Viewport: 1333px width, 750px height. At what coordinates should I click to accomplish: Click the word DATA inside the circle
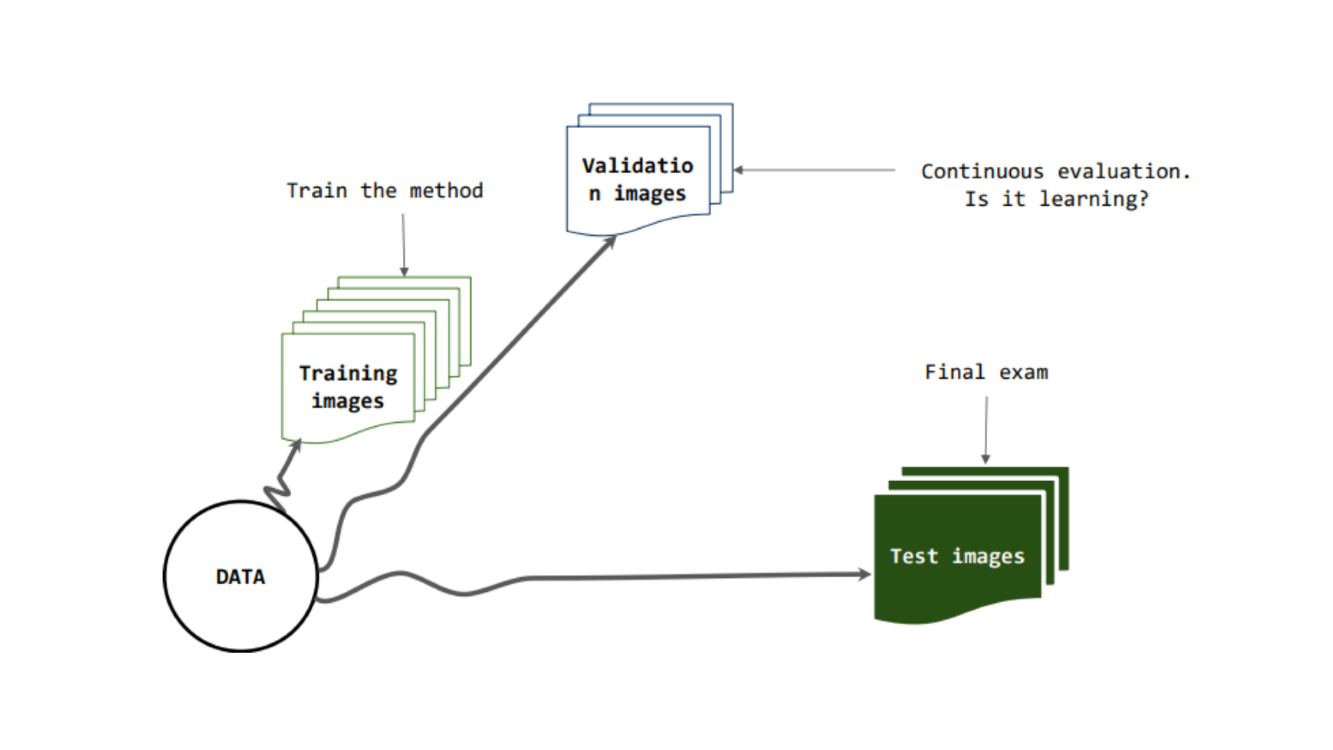pyautogui.click(x=240, y=577)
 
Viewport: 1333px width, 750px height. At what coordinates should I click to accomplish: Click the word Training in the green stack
pyautogui.click(x=348, y=374)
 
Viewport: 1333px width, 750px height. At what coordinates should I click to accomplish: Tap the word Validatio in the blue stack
pyautogui.click(x=638, y=166)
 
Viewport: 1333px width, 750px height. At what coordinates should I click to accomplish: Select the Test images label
pyautogui.click(x=957, y=557)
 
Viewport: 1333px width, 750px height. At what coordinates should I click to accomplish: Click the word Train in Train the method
pyautogui.click(x=317, y=191)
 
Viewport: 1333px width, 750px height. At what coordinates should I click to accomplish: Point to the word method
pyautogui.click(x=446, y=191)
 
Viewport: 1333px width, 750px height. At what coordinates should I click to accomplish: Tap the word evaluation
pyautogui.click(x=1124, y=171)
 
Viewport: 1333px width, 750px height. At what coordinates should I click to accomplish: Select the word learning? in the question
pyautogui.click(x=1094, y=199)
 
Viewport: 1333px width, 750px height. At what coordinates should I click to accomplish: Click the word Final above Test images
pyautogui.click(x=955, y=372)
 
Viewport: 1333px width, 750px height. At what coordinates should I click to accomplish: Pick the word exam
pyautogui.click(x=1023, y=372)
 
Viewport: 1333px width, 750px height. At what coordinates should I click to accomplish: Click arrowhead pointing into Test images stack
pyautogui.click(x=865, y=574)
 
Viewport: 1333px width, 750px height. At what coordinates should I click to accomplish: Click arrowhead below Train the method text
pyautogui.click(x=404, y=272)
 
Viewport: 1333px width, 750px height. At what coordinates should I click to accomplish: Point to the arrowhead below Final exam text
pyautogui.click(x=986, y=459)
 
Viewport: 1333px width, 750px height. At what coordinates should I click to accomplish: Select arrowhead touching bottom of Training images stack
pyautogui.click(x=297, y=444)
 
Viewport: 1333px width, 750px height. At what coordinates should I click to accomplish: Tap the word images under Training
pyautogui.click(x=348, y=401)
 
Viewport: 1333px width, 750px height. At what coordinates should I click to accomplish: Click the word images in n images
pyautogui.click(x=650, y=193)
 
